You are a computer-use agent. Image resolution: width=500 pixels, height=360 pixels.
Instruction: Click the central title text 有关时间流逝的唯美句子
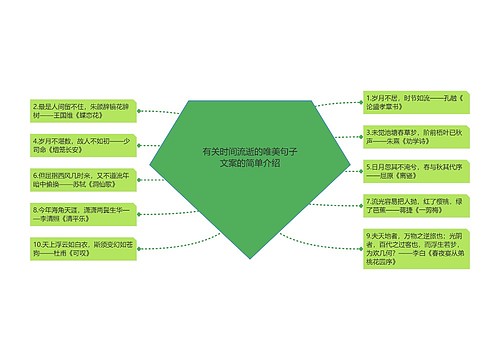pyautogui.click(x=250, y=151)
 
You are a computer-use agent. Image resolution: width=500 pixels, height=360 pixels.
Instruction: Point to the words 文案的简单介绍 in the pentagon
pyautogui.click(x=250, y=163)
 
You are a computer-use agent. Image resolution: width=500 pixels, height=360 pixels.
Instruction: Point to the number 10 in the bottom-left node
pyautogui.click(x=37, y=242)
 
